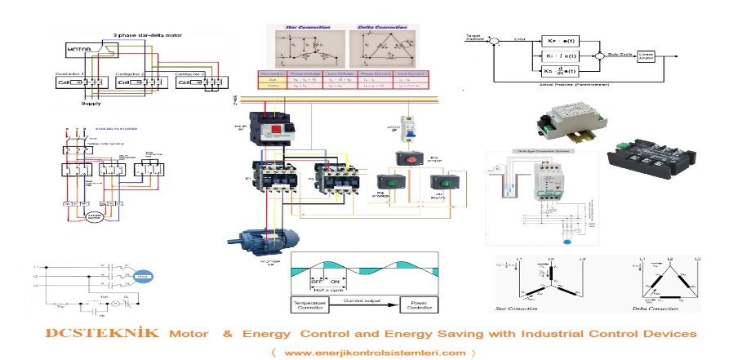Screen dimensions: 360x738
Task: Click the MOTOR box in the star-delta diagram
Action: [79, 51]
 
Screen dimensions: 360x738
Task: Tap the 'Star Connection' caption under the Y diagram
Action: [519, 309]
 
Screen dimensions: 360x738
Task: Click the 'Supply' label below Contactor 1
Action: [91, 104]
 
